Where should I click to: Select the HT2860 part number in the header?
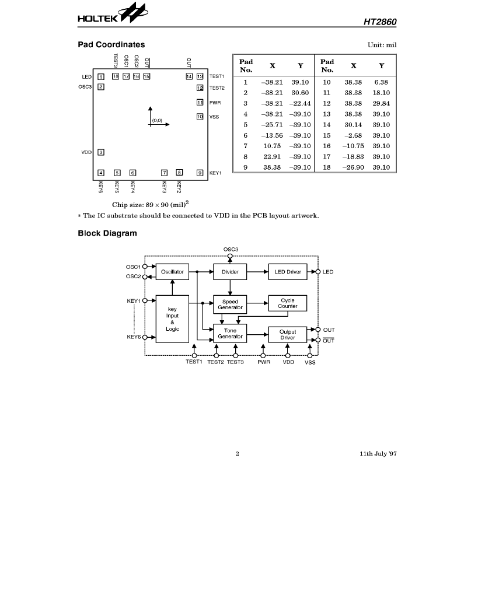pos(380,22)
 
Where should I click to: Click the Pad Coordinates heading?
pos(111,45)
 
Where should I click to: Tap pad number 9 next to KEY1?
pos(200,173)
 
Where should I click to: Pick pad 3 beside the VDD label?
pos(101,152)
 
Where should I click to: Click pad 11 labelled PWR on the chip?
pos(200,103)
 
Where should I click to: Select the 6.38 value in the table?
pos(381,82)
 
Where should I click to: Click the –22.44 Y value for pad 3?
pos(300,103)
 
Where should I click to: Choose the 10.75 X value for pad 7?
pos(272,146)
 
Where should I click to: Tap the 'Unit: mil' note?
pos(382,45)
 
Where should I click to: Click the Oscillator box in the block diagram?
pos(172,272)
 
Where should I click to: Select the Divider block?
pos(230,272)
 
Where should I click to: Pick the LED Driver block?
pos(288,272)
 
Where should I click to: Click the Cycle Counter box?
pos(288,303)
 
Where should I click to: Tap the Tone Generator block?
pos(230,334)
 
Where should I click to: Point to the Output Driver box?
pos(288,335)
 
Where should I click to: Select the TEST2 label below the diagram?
pos(215,362)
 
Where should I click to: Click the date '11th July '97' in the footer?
pos(378,454)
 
